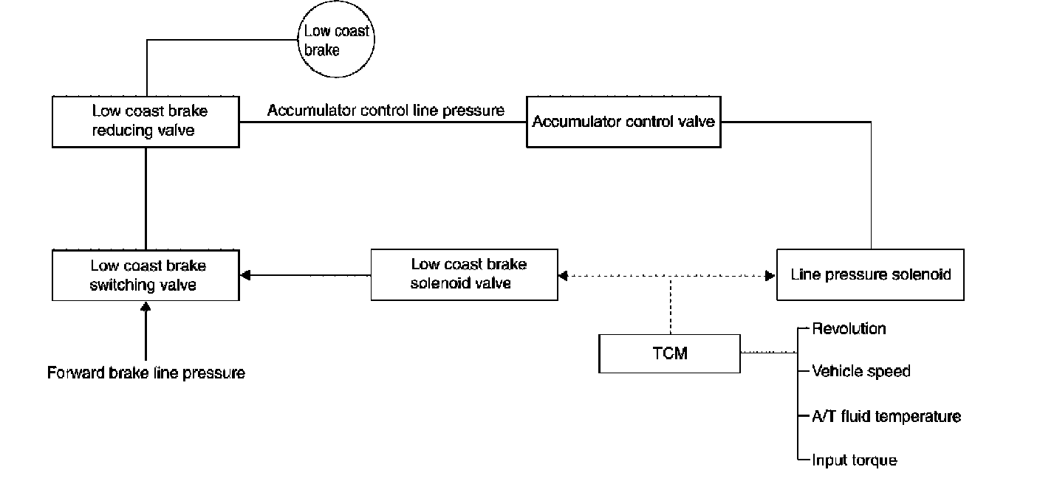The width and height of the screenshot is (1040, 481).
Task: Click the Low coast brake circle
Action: pyautogui.click(x=336, y=41)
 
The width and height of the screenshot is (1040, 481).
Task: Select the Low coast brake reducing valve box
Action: pyautogui.click(x=146, y=121)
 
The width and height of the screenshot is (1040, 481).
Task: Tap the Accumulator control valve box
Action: pyautogui.click(x=623, y=121)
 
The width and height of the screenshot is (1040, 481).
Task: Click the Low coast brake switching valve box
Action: pyautogui.click(x=146, y=274)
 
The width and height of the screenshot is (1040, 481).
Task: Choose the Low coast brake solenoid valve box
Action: pyautogui.click(x=464, y=274)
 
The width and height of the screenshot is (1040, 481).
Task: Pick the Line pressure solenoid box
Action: pyautogui.click(x=870, y=274)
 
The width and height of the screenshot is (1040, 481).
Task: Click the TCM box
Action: pyautogui.click(x=669, y=353)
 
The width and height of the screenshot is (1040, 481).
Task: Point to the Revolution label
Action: pyautogui.click(x=849, y=328)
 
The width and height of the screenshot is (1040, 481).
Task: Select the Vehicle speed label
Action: pyautogui.click(x=861, y=371)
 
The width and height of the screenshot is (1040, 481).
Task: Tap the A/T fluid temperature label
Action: pyautogui.click(x=886, y=416)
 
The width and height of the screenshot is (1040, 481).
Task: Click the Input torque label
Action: pyautogui.click(x=855, y=460)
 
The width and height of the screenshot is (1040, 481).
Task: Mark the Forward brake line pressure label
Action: pyautogui.click(x=146, y=373)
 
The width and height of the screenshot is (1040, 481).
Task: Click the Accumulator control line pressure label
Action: pyautogui.click(x=386, y=111)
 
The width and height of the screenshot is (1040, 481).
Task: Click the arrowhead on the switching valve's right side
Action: pyautogui.click(x=246, y=275)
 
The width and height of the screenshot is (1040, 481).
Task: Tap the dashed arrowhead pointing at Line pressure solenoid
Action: pyautogui.click(x=770, y=276)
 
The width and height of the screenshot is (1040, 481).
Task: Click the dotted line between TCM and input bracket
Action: pyautogui.click(x=768, y=353)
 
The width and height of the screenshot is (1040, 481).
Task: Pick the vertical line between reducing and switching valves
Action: pyautogui.click(x=146, y=198)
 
